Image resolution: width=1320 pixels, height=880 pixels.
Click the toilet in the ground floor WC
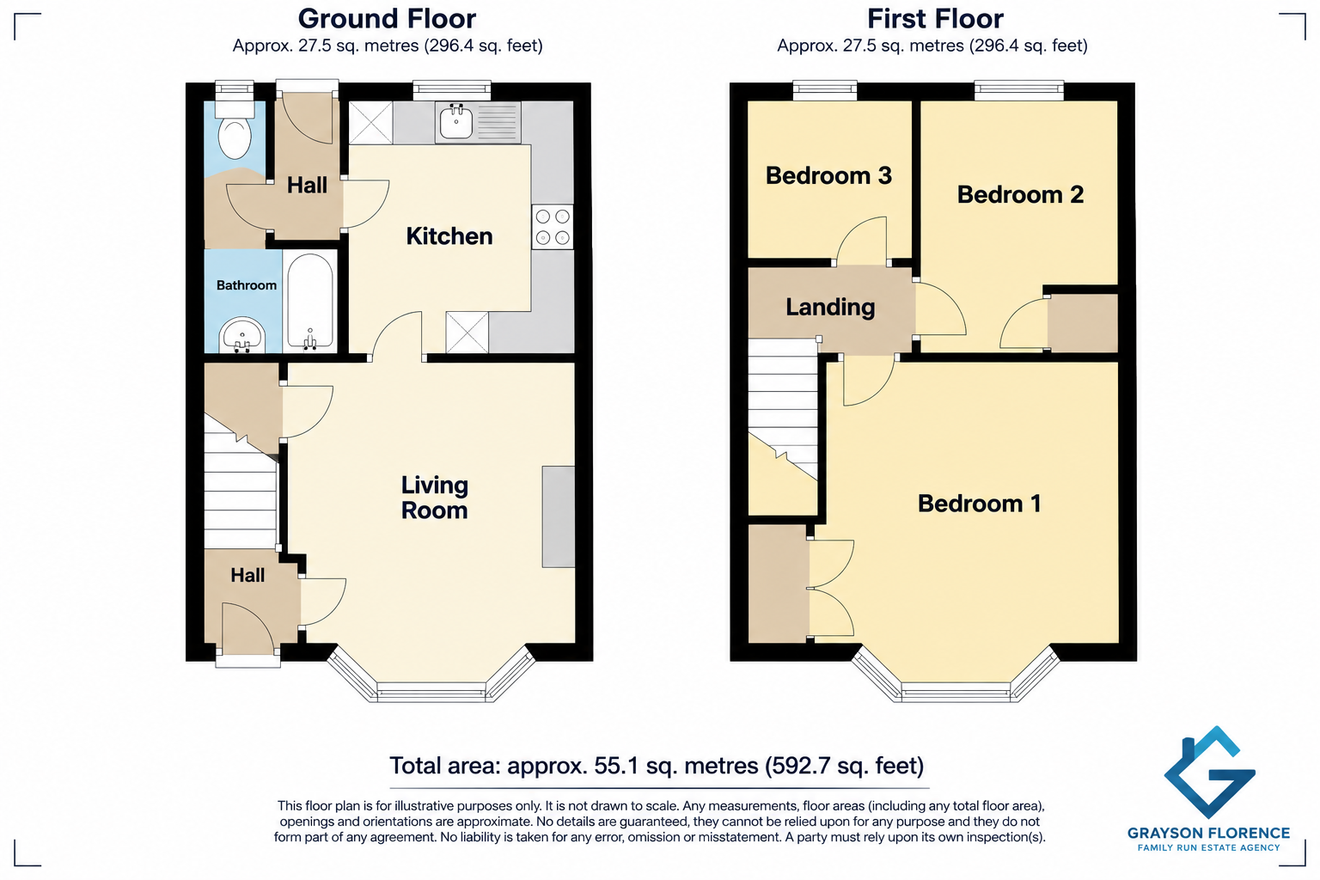point(235,130)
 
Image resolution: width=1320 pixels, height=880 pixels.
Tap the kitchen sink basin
point(455,122)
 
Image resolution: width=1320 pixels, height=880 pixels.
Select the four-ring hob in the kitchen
point(553,227)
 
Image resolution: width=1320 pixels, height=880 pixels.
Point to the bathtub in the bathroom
point(310,301)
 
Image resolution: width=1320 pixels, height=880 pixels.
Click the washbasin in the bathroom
point(242,336)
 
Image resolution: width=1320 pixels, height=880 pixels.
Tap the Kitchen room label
point(449,236)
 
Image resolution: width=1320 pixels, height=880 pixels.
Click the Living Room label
point(434,498)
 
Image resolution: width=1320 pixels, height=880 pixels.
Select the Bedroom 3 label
point(828,175)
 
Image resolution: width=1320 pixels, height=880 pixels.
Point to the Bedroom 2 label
point(1020,194)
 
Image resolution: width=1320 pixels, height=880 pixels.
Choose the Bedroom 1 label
point(979,504)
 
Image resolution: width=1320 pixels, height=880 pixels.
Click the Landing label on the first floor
point(830,307)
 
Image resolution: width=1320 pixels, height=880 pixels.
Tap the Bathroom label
point(247,285)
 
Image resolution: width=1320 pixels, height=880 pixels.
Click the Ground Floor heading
point(387,19)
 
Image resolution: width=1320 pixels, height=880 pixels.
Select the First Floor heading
point(935,19)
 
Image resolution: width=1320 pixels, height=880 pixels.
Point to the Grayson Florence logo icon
point(1208,772)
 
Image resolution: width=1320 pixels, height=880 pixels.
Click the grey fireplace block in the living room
point(558,517)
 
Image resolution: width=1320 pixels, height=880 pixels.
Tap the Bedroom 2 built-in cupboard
point(1083,323)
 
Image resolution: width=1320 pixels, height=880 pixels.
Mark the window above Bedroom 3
point(824,89)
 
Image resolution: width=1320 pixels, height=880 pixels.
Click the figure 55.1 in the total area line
point(616,766)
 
